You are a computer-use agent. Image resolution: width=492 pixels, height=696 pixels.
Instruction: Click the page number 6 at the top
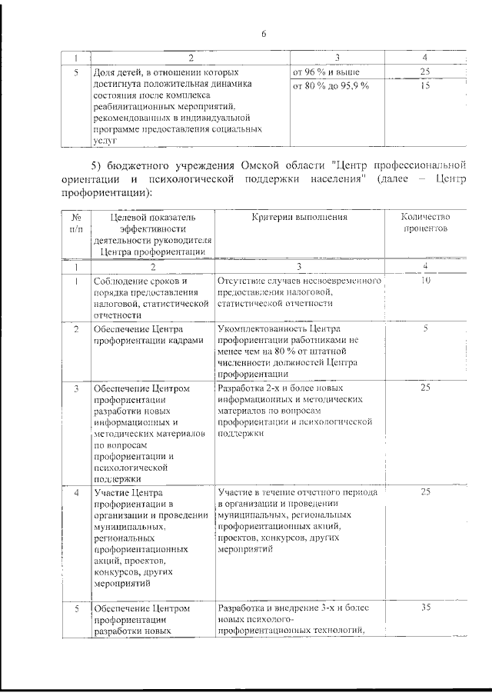(x=263, y=34)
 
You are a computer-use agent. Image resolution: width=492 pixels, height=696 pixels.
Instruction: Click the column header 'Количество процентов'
(x=425, y=223)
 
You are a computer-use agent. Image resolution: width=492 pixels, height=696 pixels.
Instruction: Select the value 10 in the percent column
(x=425, y=281)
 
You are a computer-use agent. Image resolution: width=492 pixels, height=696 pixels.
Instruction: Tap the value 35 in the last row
(x=425, y=608)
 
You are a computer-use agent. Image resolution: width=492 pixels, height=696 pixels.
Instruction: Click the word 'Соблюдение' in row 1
(x=118, y=281)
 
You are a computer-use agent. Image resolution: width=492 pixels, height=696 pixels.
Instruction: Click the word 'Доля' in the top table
(x=103, y=72)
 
